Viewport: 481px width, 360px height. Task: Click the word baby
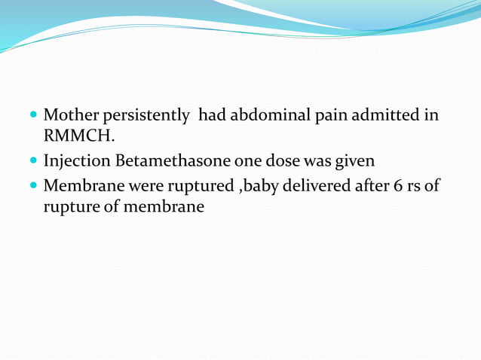[x=252, y=185]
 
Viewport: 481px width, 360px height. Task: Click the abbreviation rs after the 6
[x=412, y=185]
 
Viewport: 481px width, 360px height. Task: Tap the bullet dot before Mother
[x=34, y=116]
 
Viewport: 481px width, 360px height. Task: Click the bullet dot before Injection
[x=34, y=162]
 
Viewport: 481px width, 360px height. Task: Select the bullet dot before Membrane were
[x=34, y=186]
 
